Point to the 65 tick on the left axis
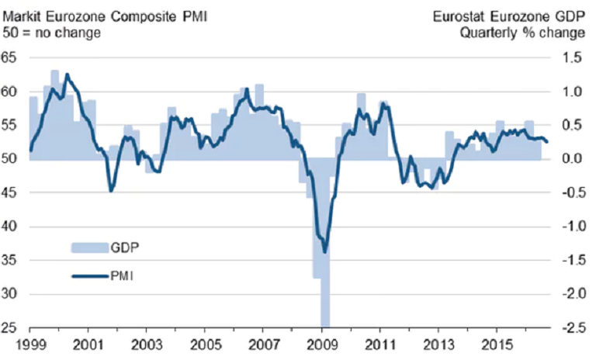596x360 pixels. tap(10, 57)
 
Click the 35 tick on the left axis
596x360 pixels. tap(10, 260)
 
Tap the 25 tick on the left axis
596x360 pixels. tap(10, 327)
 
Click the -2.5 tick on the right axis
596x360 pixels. tap(569, 327)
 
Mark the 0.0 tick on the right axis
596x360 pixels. tap(570, 159)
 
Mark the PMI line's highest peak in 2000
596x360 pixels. tap(67, 74)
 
